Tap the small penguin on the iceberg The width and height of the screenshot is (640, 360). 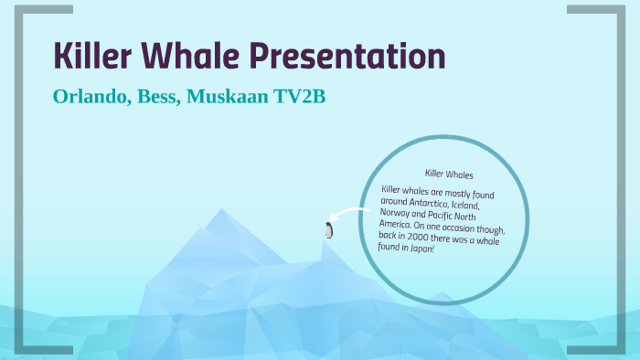pyautogui.click(x=328, y=229)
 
